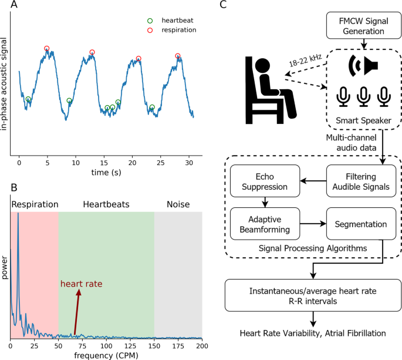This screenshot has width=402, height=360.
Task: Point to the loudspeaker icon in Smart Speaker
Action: click(x=363, y=65)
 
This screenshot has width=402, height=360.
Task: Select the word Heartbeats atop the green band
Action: click(x=106, y=204)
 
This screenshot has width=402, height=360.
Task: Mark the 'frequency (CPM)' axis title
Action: click(x=106, y=355)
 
